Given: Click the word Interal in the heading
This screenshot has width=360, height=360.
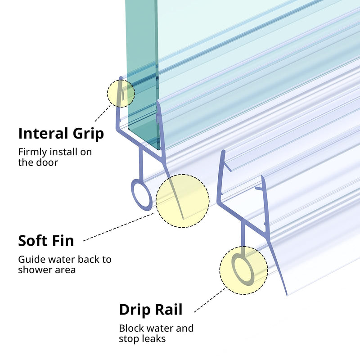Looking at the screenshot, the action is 43,133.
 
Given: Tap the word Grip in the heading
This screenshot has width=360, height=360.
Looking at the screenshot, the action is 88,134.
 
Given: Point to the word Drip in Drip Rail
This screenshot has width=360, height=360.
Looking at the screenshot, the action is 135,310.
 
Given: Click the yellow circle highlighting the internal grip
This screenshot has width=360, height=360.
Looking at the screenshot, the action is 121,94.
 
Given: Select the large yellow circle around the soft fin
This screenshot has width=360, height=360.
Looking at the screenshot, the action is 183,201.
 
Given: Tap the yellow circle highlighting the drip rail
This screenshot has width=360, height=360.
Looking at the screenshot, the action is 243,270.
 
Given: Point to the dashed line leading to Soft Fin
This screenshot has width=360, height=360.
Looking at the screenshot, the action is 118,227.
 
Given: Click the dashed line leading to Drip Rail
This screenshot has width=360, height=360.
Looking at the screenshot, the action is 210,300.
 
